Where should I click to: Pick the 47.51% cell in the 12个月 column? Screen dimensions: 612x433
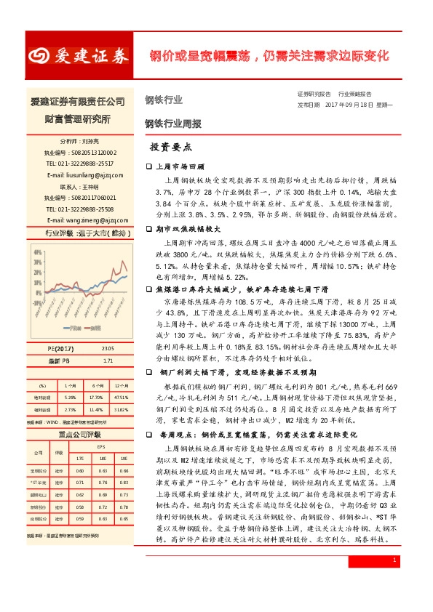(121, 397)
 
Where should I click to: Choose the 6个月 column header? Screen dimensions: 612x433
(95, 385)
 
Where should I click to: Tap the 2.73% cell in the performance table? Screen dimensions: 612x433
(71, 410)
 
